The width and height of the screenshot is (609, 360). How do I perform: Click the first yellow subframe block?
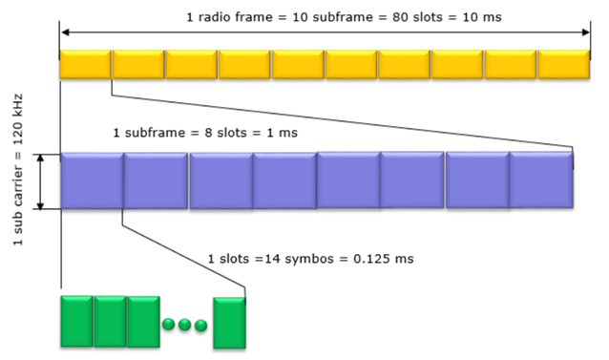(86, 64)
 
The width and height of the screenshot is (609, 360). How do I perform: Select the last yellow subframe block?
(564, 64)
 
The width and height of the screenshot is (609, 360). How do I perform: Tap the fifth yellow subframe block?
(298, 64)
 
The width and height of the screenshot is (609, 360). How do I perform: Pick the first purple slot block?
(92, 180)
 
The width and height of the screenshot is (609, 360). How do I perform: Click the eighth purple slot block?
(541, 180)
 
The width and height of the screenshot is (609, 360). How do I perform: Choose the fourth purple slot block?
(284, 180)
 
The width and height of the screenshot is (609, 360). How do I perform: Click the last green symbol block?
(230, 322)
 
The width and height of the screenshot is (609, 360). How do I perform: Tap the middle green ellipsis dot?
(184, 325)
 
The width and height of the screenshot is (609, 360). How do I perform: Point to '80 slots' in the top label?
(367, 17)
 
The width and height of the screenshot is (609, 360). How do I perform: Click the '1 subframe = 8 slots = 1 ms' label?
(205, 132)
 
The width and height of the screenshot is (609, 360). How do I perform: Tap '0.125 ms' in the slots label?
(387, 260)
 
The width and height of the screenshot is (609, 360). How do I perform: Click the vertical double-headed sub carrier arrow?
(41, 180)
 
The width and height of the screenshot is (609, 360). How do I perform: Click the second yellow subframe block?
(138, 64)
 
